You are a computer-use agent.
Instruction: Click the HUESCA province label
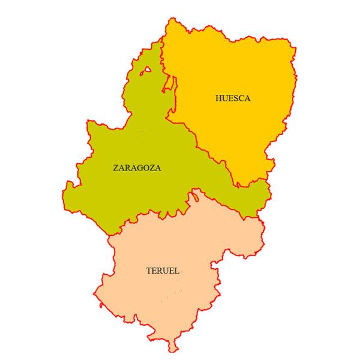click(232, 98)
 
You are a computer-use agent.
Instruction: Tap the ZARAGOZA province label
click(137, 168)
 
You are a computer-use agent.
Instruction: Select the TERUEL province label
click(163, 271)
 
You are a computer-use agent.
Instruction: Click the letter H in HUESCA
click(218, 98)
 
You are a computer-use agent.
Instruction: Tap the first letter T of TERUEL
click(149, 271)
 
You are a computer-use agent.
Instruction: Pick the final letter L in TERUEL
click(178, 271)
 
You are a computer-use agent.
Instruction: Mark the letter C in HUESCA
click(240, 98)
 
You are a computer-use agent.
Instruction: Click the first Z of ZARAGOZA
click(116, 168)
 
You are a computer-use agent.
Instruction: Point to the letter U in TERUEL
click(166, 271)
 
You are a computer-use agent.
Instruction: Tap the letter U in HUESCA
click(224, 98)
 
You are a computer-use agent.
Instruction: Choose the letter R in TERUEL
click(161, 271)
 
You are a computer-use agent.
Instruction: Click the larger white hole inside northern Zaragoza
click(146, 71)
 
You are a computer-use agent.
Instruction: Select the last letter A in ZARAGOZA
click(158, 168)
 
